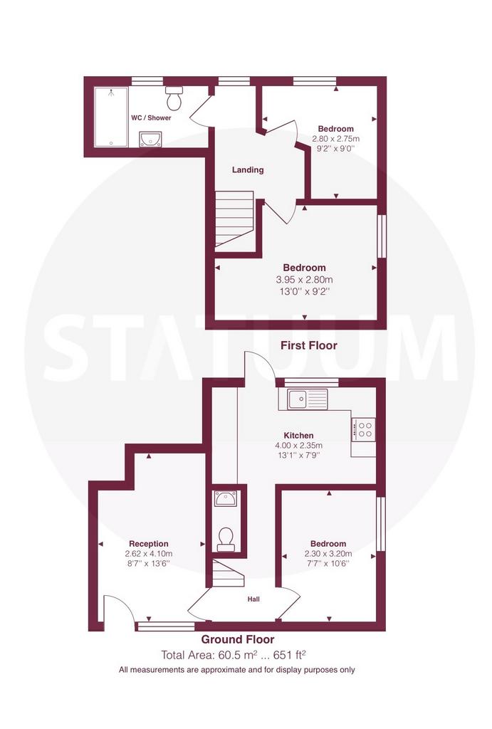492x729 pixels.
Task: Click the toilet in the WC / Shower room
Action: click(174, 96)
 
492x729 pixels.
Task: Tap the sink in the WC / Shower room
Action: click(150, 139)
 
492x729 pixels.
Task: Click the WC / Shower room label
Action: click(151, 118)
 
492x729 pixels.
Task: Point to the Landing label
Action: click(248, 170)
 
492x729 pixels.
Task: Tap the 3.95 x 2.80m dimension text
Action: click(305, 280)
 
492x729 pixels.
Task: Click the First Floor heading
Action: click(309, 345)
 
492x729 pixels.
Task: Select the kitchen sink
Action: click(308, 399)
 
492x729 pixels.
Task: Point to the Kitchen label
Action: click(298, 436)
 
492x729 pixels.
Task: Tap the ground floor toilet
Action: click(226, 540)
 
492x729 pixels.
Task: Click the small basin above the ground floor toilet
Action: click(226, 499)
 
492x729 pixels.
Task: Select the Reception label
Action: click(149, 544)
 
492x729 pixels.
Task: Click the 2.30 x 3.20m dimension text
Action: click(328, 554)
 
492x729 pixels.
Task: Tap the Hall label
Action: click(253, 599)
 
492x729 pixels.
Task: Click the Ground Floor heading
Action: click(238, 639)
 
